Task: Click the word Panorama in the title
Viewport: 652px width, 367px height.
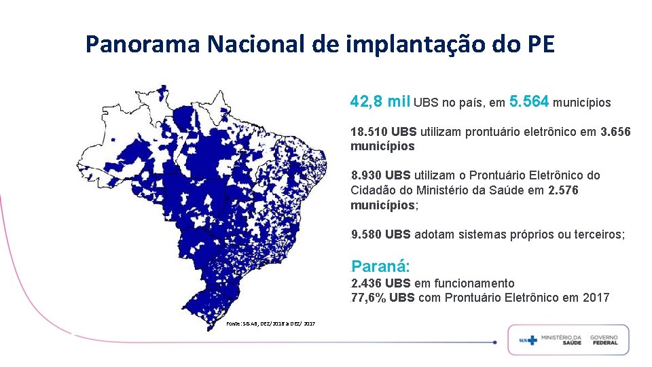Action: click(x=143, y=44)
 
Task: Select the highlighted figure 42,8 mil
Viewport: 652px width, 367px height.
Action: click(x=380, y=101)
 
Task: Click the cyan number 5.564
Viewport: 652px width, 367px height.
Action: click(x=529, y=101)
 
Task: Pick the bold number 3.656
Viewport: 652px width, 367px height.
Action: click(x=615, y=132)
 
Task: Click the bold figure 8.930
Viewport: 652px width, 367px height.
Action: click(x=366, y=175)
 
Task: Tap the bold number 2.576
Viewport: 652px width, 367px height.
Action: click(x=563, y=190)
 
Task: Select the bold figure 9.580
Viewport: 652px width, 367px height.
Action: click(x=366, y=234)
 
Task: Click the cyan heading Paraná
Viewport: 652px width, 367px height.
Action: click(x=380, y=266)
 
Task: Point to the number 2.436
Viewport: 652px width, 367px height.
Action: click(x=366, y=283)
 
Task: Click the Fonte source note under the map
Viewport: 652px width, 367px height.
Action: click(x=271, y=324)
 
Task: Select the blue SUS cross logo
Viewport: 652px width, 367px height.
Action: click(x=528, y=340)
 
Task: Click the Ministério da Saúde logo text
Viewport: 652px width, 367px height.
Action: click(x=561, y=340)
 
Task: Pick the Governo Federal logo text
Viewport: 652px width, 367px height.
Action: click(x=604, y=340)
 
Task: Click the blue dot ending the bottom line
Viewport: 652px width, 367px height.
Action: click(x=495, y=343)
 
